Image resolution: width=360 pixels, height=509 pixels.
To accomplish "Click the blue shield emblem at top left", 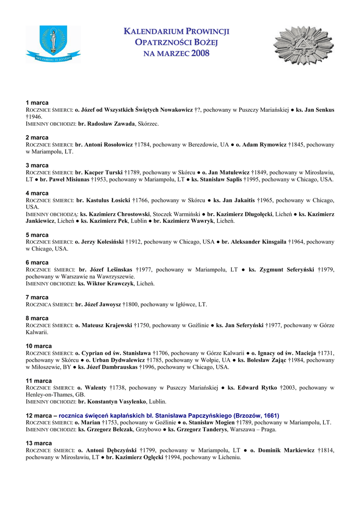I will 53,45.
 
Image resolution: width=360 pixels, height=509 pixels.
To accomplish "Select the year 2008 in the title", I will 200,53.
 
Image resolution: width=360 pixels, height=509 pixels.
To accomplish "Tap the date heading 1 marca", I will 37,102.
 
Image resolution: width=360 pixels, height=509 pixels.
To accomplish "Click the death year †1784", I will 143,144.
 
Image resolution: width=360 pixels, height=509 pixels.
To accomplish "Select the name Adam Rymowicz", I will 262,144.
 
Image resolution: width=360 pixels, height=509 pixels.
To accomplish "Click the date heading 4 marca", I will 37,193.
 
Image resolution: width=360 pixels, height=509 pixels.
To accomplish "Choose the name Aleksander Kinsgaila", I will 254,242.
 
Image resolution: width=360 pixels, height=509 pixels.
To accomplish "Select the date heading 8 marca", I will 37,318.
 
